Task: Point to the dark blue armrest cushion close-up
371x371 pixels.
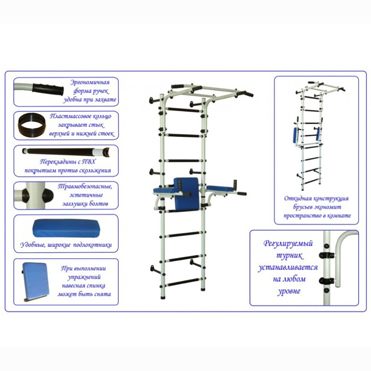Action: pos(66,228)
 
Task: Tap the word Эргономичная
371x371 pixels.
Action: pos(90,82)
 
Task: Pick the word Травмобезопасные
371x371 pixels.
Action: pos(85,187)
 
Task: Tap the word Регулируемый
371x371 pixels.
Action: pos(288,243)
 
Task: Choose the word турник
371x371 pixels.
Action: pos(289,256)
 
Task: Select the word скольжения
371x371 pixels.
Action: pos(98,171)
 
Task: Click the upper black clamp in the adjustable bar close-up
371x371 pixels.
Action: pos(327,255)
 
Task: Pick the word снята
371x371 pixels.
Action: pos(103,294)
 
